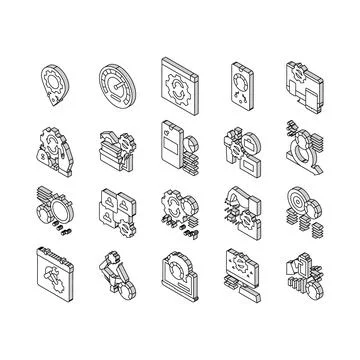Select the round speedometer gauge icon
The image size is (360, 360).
pos(121,80)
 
